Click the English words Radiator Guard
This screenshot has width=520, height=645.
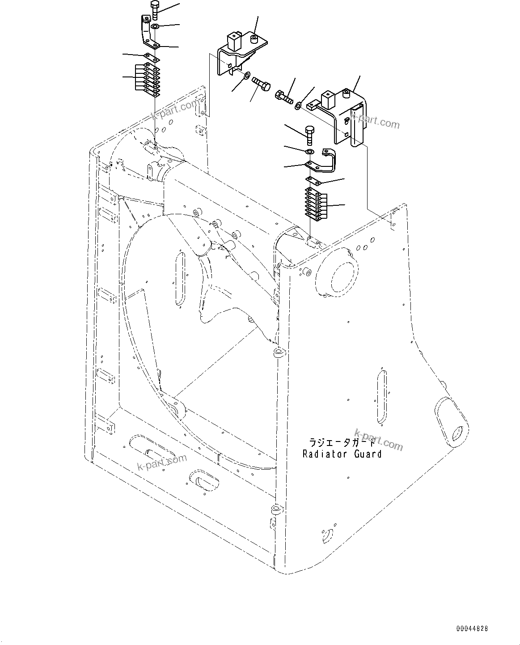pyautogui.click(x=342, y=454)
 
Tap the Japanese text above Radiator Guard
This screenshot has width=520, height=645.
pyautogui.click(x=342, y=442)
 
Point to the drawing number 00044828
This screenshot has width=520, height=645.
pyautogui.click(x=472, y=628)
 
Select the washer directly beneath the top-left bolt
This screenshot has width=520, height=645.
pyautogui.click(x=155, y=27)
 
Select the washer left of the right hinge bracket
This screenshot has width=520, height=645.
pyautogui.click(x=298, y=106)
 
